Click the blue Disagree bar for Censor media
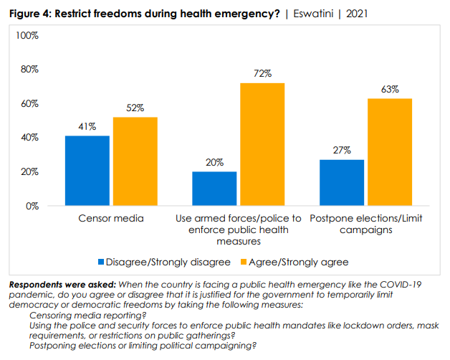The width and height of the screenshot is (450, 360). coord(87,171)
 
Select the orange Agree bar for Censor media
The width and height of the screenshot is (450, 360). coord(135,161)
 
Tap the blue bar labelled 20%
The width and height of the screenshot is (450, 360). coord(214,189)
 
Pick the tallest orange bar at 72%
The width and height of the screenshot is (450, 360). coord(262,144)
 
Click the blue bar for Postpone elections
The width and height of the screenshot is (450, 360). coord(342,183)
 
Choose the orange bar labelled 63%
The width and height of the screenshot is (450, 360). coord(390,152)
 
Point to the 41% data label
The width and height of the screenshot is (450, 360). coord(87,127)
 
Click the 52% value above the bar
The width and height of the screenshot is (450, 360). coord(135,108)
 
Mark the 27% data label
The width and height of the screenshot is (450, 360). coord(342,151)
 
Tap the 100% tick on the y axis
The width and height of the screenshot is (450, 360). coord(27,35)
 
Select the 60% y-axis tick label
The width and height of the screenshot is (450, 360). coord(29,103)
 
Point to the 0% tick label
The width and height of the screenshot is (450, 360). coord(32,206)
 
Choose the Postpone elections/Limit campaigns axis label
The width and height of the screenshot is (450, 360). coord(365,224)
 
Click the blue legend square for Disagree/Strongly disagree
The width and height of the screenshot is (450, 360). coord(101,262)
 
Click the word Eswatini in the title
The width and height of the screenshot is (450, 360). coord(312,14)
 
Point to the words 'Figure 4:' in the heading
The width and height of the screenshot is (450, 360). coord(29,14)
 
